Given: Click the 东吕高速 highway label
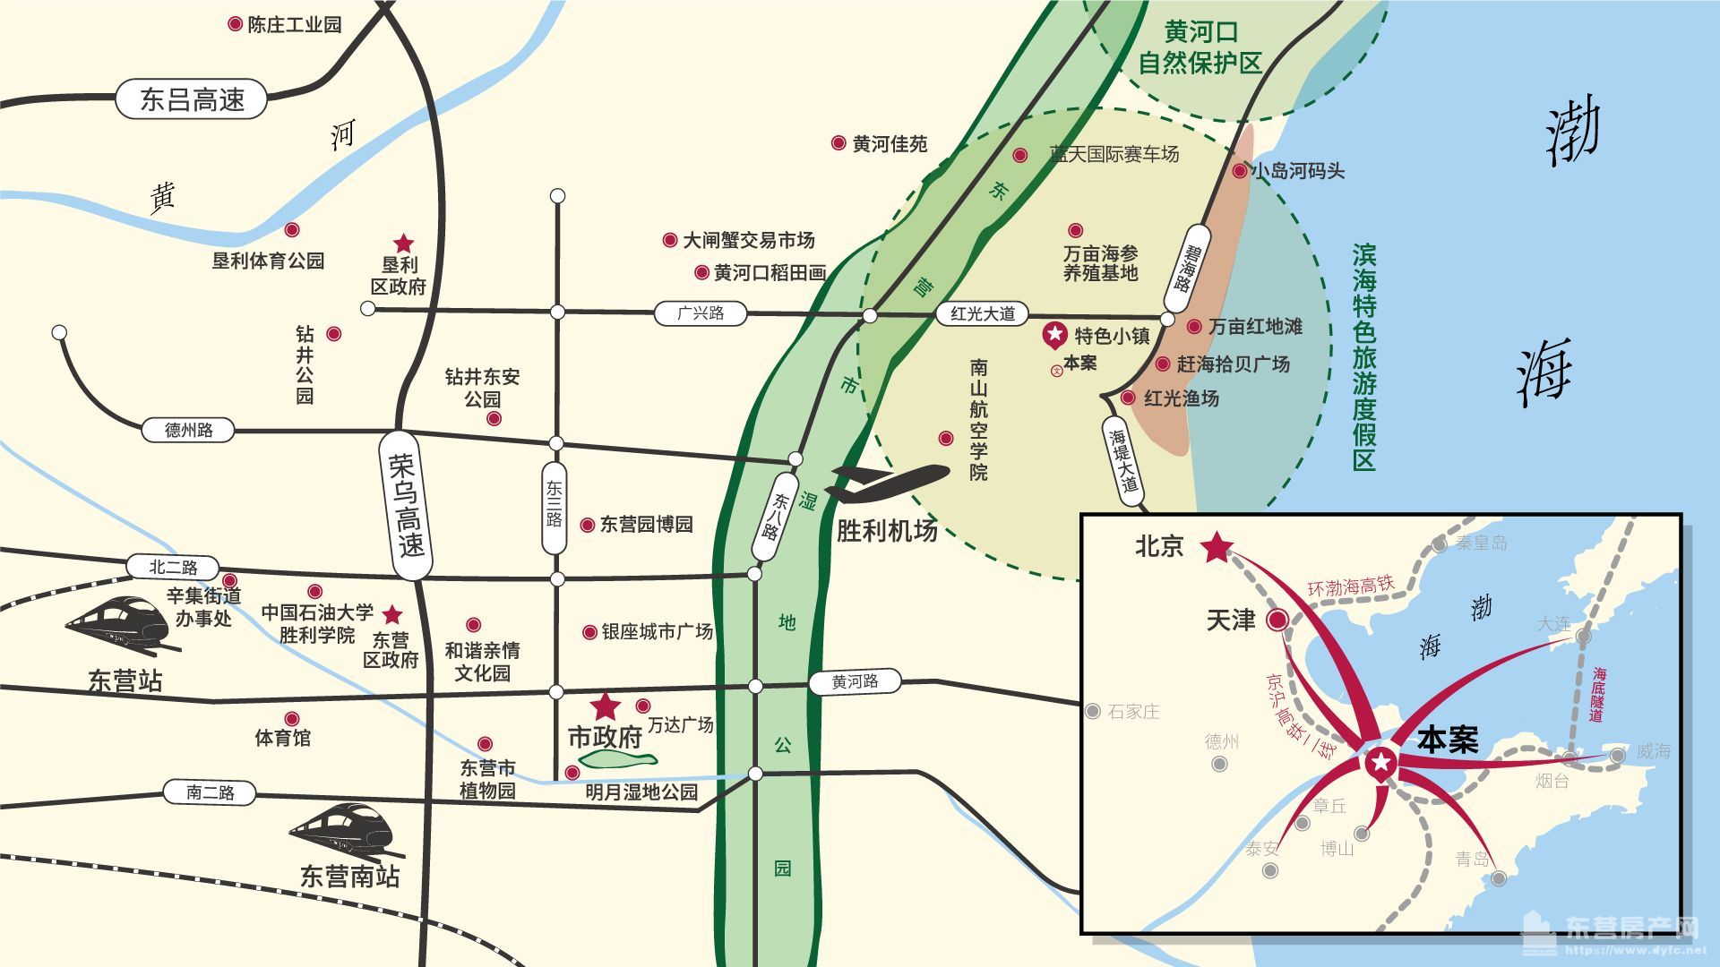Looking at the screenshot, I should pos(191,99).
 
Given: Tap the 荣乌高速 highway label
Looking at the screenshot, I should pos(406,505).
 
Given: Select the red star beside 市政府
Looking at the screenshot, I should pos(606,706).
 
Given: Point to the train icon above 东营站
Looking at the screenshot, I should pos(117,621).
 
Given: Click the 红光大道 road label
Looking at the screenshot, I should pos(982,313).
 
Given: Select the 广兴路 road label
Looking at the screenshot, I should pos(700,313).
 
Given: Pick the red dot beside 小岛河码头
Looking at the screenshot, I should pos(1240,170).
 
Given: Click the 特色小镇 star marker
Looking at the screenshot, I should pos(1055,335).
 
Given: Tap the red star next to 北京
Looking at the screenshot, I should pos(1217,547).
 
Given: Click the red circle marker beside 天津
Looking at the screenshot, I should pos(1277,620).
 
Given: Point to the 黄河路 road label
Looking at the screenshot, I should pos(855,682).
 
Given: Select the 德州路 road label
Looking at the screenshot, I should pos(188,430).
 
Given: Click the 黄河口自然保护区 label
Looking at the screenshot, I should pos(1200,47).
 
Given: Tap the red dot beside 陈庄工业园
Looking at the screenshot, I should pos(235,24).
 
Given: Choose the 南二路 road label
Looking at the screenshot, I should pos(210,792).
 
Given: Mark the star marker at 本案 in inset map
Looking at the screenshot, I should pos(1380,763).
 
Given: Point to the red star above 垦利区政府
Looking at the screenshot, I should pos(404,244).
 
